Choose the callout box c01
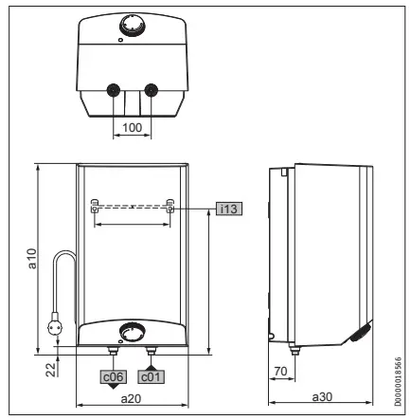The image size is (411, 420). [151, 374]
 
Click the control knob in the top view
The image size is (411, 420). [132, 25]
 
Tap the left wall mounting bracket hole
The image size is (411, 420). [96, 206]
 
